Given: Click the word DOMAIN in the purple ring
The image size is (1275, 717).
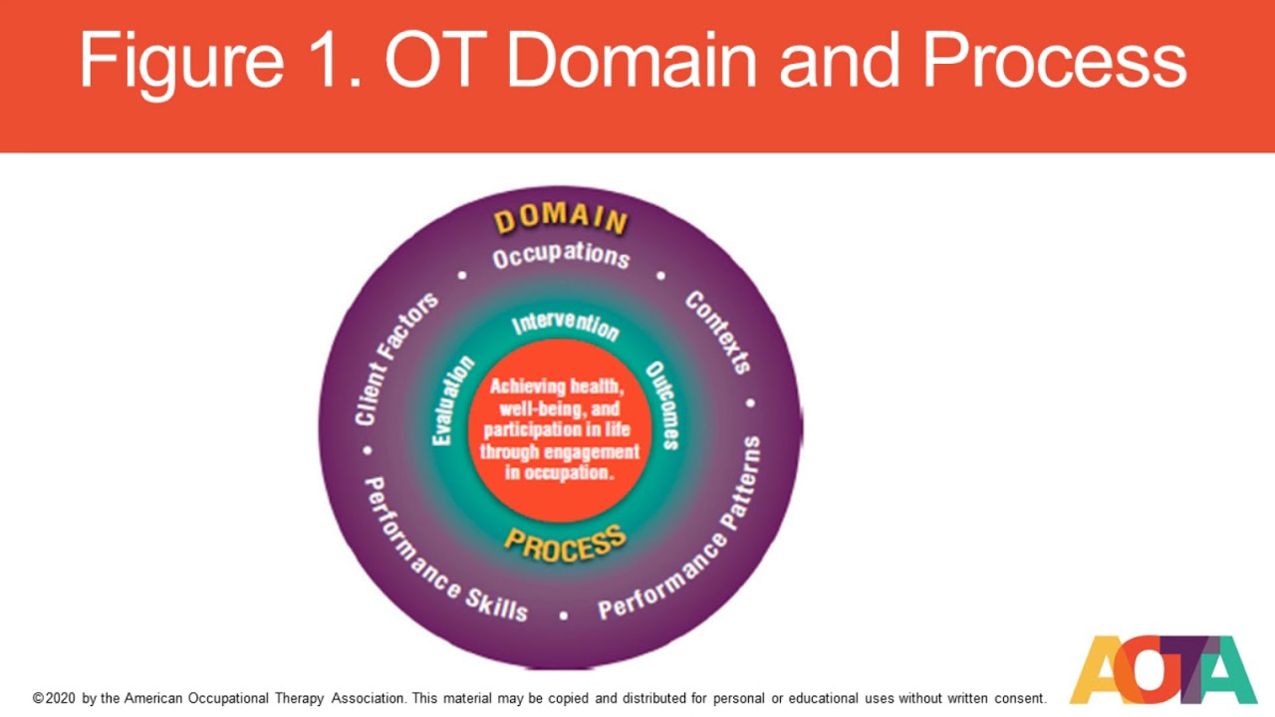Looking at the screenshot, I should tap(561, 218).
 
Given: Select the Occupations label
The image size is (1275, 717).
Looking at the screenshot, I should tap(561, 256).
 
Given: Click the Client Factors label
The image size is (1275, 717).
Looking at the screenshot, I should tap(396, 358).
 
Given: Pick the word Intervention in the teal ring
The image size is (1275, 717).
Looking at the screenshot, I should tap(565, 326).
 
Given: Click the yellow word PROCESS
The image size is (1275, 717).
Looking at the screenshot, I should tap(565, 543).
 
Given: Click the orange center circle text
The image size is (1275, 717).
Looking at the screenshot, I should tap(560, 429).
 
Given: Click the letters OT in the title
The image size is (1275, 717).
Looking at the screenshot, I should tap(439, 61).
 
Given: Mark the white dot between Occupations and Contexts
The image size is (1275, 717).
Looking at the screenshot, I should tap(660, 276).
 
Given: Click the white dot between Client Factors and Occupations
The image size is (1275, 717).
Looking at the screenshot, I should tap(461, 275).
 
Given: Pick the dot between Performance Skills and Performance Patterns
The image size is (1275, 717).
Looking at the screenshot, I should tap(563, 615).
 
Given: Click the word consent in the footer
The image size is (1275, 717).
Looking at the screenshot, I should tap(1020, 699).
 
